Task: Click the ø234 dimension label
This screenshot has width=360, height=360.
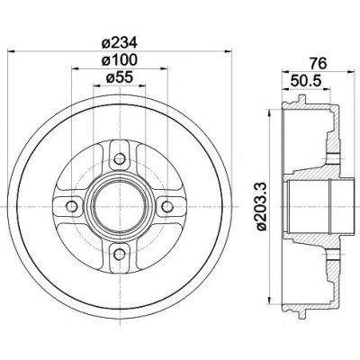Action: [119, 43]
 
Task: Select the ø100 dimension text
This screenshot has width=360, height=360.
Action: [119, 60]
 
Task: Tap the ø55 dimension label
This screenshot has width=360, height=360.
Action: [119, 77]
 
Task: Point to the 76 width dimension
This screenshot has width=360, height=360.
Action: [318, 64]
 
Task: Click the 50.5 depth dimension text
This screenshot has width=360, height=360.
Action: [305, 81]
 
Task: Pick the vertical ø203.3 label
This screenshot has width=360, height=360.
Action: [262, 207]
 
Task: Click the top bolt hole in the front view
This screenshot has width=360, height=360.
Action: [120, 158]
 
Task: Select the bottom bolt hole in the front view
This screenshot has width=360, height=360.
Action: [120, 255]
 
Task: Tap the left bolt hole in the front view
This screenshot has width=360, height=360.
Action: [72, 206]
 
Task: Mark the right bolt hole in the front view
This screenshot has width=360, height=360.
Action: [167, 206]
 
